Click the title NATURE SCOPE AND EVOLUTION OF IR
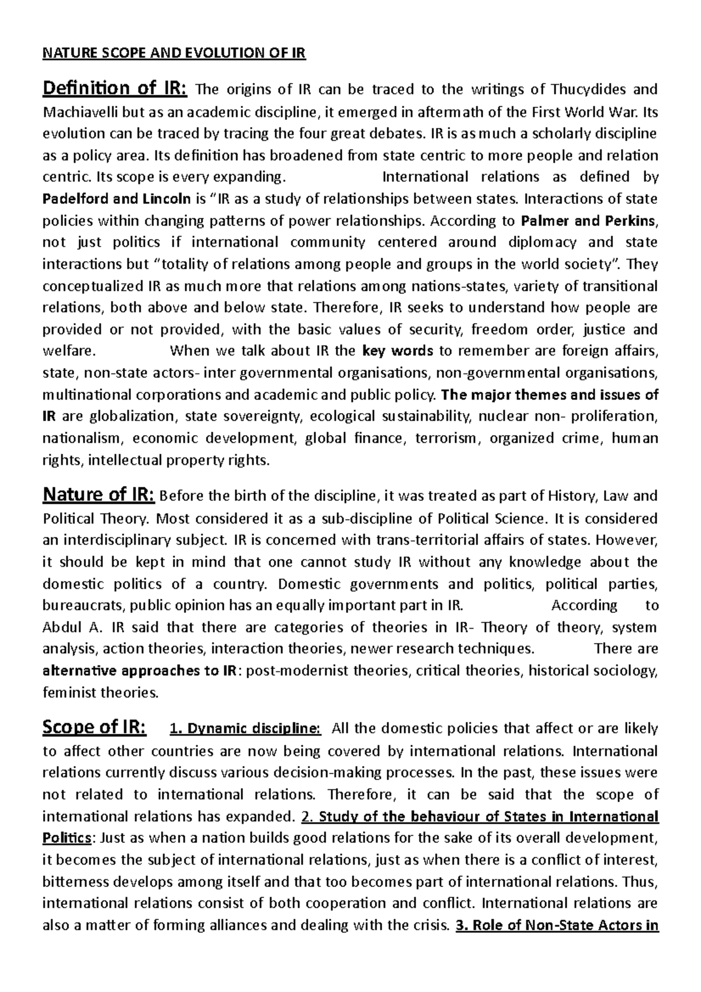tap(174, 54)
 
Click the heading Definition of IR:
tap(115, 89)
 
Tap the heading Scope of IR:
tap(95, 727)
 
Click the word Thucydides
tap(587, 89)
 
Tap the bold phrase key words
tap(397, 351)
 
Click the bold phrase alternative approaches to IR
tap(140, 671)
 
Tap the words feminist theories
tap(100, 693)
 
